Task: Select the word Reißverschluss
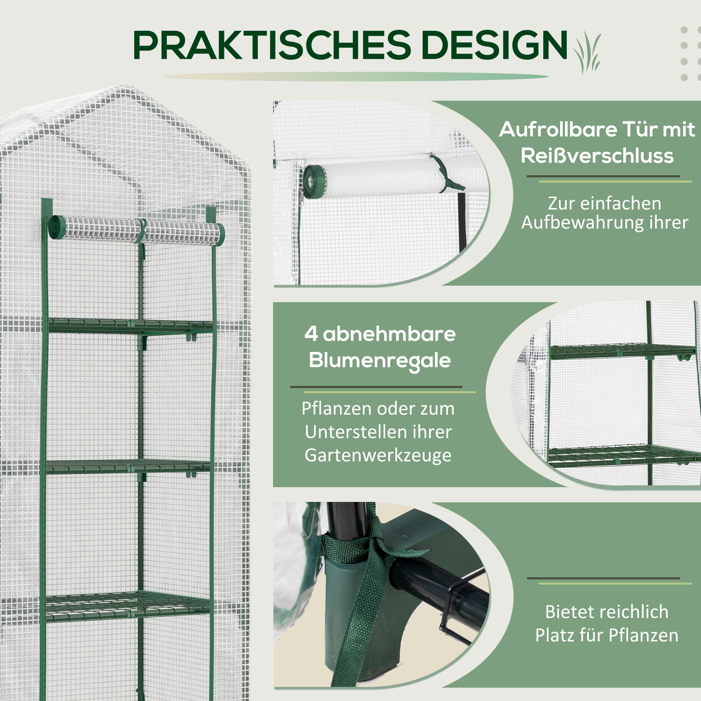pyautogui.click(x=597, y=156)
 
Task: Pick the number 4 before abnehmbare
pyautogui.click(x=311, y=334)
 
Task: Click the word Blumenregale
pyautogui.click(x=380, y=361)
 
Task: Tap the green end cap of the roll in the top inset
pyautogui.click(x=314, y=182)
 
